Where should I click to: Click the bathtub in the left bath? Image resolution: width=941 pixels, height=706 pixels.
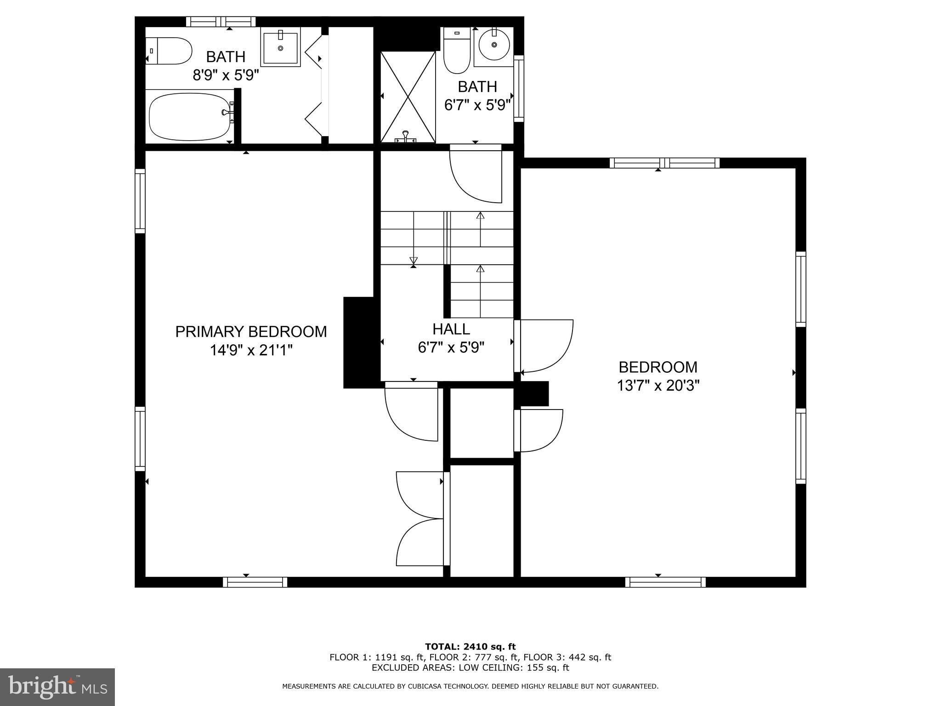(189, 117)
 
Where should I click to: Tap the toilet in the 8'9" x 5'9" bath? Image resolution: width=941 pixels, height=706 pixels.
(169, 51)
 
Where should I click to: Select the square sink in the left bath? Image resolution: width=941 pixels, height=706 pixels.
(280, 47)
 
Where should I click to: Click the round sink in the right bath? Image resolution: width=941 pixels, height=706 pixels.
(494, 45)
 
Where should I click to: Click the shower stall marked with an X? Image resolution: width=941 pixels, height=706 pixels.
(408, 97)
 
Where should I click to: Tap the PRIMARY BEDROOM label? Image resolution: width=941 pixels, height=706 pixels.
(251, 331)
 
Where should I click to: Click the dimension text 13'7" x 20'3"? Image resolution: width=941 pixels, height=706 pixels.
(658, 386)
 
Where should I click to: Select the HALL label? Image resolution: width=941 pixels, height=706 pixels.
(451, 329)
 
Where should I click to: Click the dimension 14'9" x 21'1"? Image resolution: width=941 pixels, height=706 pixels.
(251, 351)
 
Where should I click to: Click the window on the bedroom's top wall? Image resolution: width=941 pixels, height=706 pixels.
(664, 163)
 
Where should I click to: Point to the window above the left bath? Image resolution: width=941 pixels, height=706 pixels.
(221, 22)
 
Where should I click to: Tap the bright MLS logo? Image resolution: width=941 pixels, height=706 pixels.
(57, 687)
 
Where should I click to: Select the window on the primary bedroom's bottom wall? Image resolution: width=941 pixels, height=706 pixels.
(255, 582)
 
